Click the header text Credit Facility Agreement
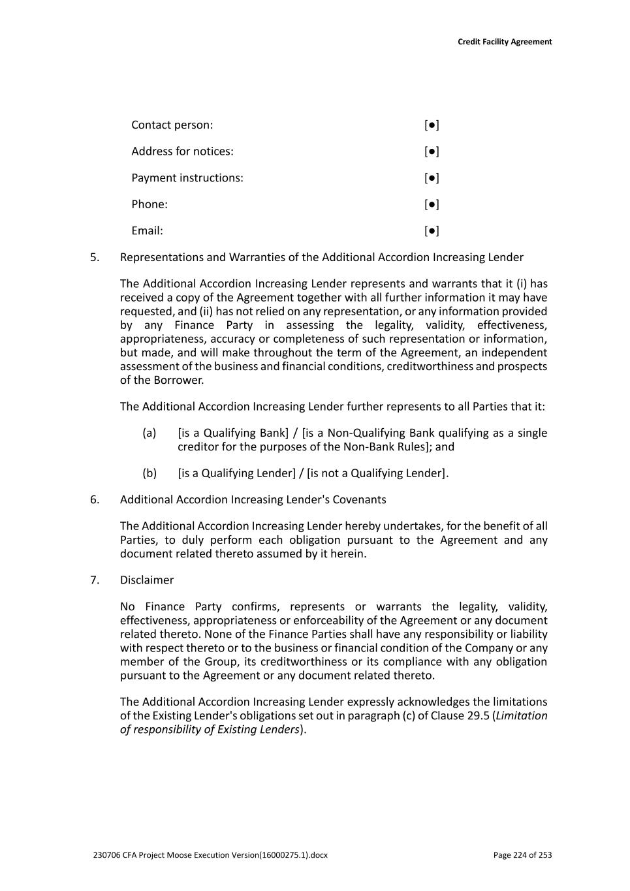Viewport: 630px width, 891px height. pyautogui.click(x=505, y=42)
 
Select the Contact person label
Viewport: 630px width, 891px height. pyautogui.click(x=172, y=125)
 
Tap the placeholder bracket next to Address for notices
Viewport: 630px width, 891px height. pyautogui.click(x=432, y=151)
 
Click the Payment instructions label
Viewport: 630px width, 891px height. pyautogui.click(x=187, y=178)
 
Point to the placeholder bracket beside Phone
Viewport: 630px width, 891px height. pyautogui.click(x=432, y=204)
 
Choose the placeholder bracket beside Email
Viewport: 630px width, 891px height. pyautogui.click(x=432, y=230)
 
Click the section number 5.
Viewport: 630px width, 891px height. pyautogui.click(x=95, y=257)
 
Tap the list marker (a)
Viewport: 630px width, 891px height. pyautogui.click(x=150, y=433)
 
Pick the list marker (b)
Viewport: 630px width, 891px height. pyautogui.click(x=150, y=473)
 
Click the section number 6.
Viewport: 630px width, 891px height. pyautogui.click(x=95, y=499)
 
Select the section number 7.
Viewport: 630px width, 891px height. pyautogui.click(x=95, y=580)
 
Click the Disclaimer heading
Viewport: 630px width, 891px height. pyautogui.click(x=147, y=580)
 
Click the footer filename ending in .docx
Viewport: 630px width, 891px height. pyautogui.click(x=210, y=855)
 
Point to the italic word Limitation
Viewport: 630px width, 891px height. pyautogui.click(x=522, y=715)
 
